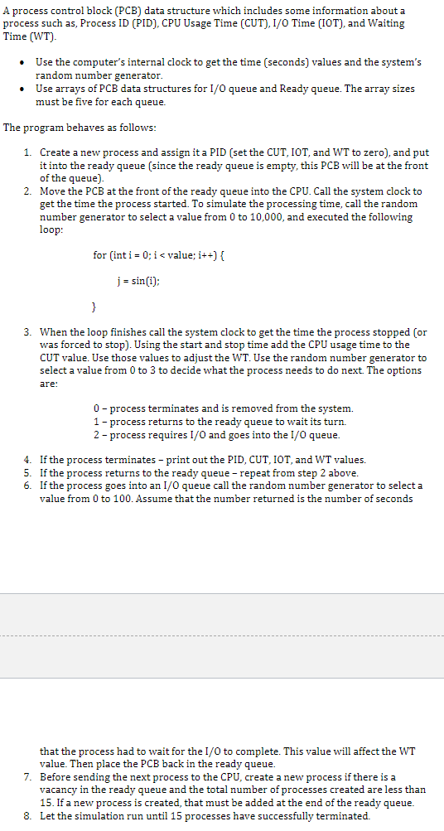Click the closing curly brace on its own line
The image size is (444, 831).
[x=94, y=307]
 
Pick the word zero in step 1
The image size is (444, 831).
[x=376, y=153]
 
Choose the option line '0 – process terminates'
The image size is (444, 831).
[x=224, y=408]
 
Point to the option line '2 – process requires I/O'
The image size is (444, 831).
[x=217, y=434]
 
